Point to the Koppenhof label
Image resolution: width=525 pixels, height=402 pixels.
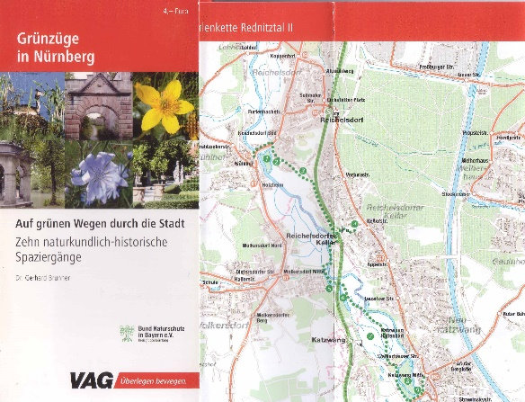(255, 56)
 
